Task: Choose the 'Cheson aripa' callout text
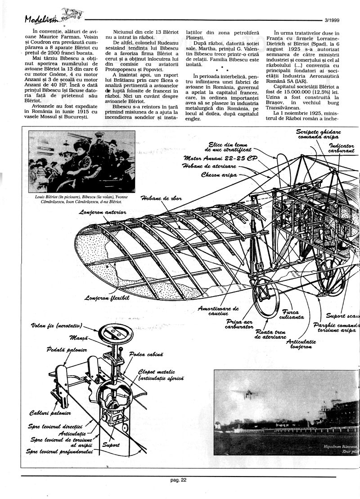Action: coord(219,175)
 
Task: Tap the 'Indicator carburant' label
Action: coord(341,148)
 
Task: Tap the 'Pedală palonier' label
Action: coord(67,350)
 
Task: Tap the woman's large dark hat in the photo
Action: coord(81,145)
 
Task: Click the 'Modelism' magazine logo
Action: coord(43,19)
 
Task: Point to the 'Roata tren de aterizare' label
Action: coord(270,333)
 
